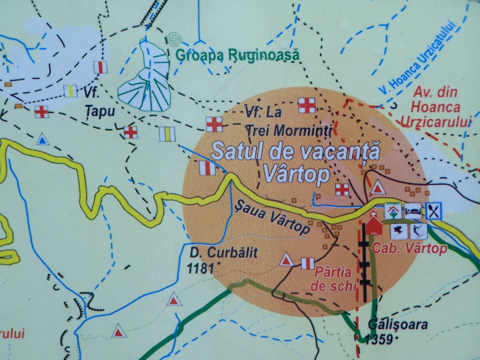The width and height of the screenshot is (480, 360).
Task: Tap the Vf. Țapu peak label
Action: coord(96,103)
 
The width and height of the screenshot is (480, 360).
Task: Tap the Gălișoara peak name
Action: coord(398,325)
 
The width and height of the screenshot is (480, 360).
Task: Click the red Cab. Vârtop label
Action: coord(410,248)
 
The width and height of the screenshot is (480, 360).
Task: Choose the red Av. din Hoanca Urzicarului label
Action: coord(436,107)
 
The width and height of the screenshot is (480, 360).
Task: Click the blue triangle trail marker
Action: coord(42,140)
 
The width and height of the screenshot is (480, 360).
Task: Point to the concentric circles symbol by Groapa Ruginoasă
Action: coord(174,39)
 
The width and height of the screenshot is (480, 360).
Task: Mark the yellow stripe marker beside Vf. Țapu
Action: coord(70,91)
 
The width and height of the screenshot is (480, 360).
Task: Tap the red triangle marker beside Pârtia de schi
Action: coord(286,260)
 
